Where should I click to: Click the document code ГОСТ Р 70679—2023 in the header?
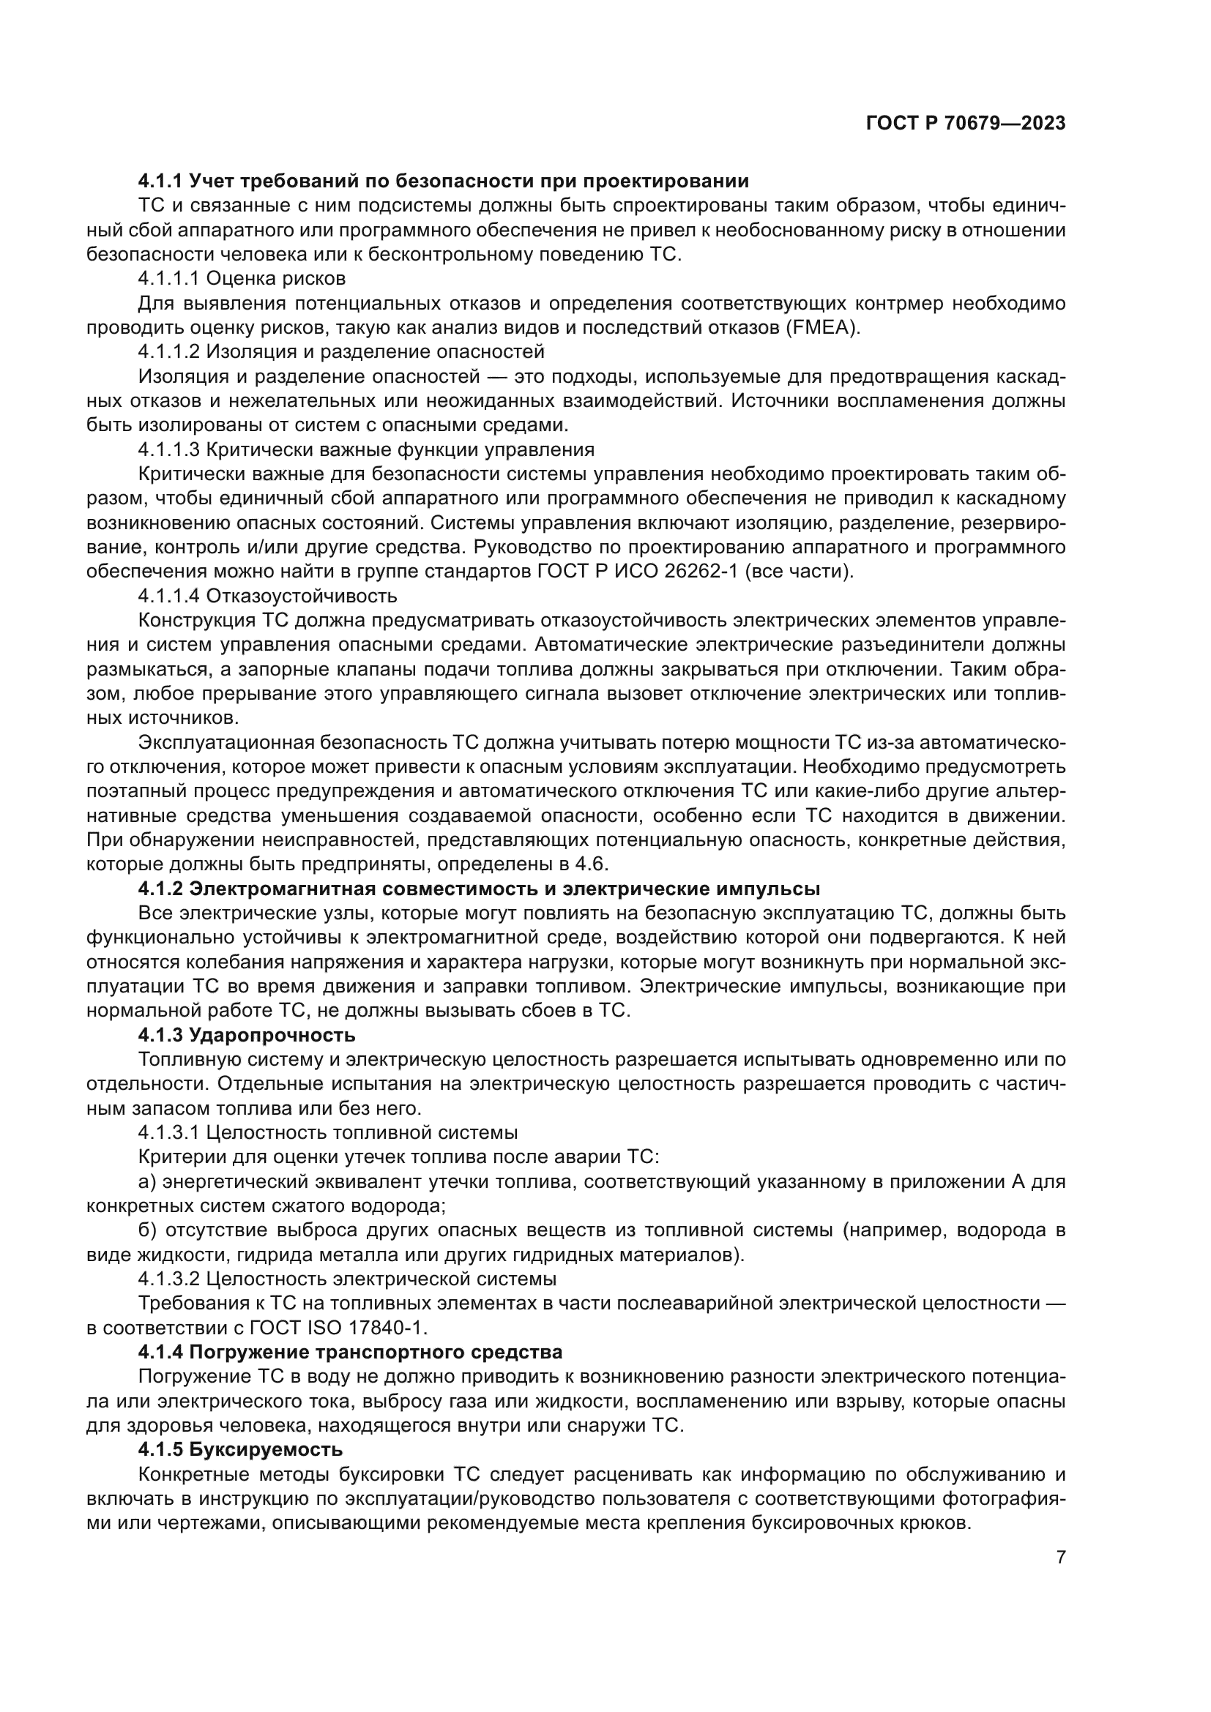(x=965, y=124)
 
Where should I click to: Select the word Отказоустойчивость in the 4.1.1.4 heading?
(x=301, y=596)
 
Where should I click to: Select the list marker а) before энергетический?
(x=146, y=1182)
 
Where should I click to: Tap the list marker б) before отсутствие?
(x=147, y=1230)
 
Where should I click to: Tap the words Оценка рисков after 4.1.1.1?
(x=275, y=279)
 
